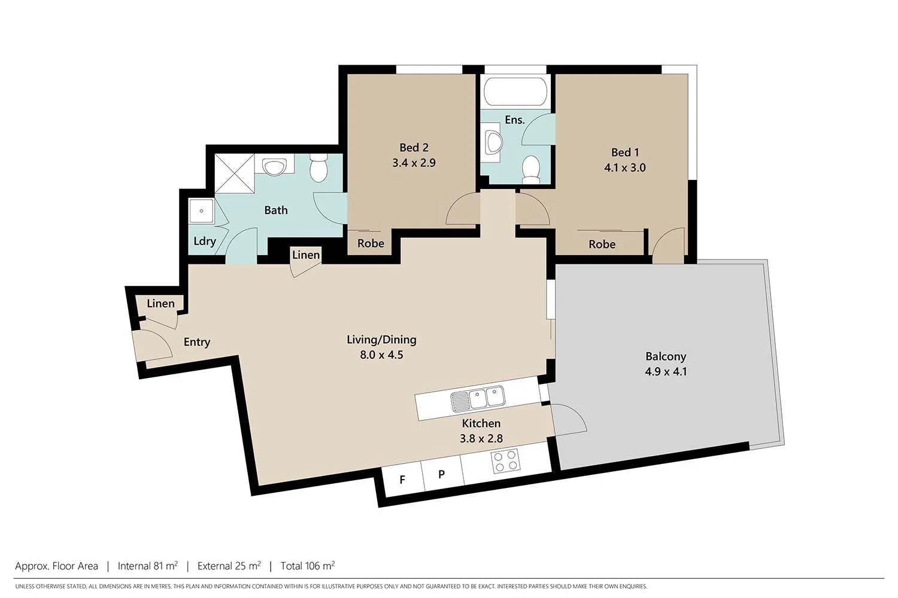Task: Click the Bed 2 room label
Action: pos(414,148)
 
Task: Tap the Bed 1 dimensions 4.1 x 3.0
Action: pos(624,168)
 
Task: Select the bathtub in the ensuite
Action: pos(515,91)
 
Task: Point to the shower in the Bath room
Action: pos(234,173)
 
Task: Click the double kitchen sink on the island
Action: pos(478,398)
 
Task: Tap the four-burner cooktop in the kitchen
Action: pos(505,461)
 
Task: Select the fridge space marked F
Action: pos(402,480)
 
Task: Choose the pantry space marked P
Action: pos(441,475)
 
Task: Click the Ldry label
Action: pos(204,242)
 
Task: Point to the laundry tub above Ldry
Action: pos(201,211)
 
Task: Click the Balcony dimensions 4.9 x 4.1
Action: pos(665,371)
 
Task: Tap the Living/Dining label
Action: pos(381,340)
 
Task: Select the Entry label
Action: pos(197,342)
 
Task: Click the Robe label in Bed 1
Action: pos(602,245)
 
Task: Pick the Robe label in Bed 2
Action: pos(371,243)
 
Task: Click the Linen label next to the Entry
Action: pos(160,304)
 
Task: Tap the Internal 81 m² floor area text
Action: pos(147,566)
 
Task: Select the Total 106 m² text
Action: pos(307,566)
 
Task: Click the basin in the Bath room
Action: pos(275,167)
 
